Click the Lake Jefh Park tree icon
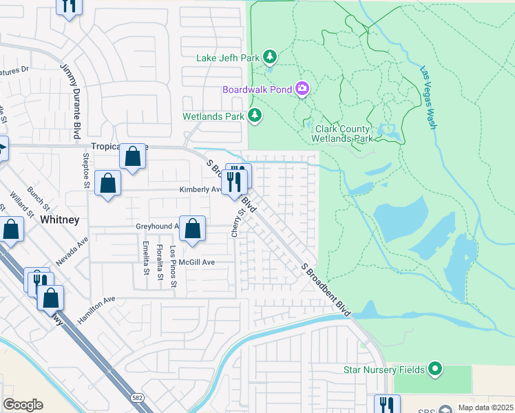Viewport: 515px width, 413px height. (271, 56)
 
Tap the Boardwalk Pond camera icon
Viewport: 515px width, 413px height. (302, 89)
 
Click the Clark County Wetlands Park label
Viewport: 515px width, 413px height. (344, 134)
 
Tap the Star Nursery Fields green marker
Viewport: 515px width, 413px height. (434, 370)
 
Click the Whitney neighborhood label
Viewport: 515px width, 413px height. (60, 219)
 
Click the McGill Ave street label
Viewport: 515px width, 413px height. (197, 262)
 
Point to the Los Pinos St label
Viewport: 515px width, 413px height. (174, 266)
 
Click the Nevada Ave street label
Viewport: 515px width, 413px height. (73, 253)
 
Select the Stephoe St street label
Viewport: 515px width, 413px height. (86, 170)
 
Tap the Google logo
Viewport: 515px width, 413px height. (23, 405)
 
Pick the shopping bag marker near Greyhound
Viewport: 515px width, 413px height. (193, 227)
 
